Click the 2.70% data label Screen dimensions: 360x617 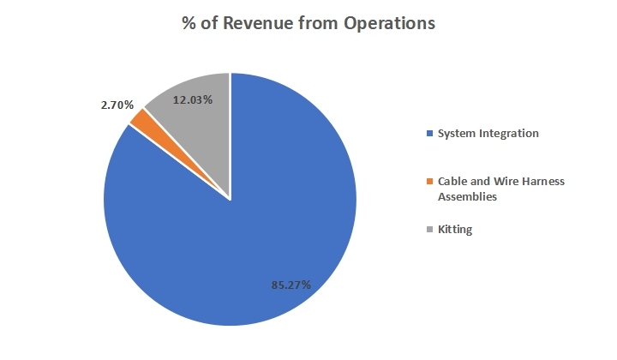[x=117, y=105]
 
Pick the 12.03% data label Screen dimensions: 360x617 [x=193, y=99]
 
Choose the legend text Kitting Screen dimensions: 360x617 [x=455, y=230]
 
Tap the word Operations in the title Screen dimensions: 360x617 [x=389, y=24]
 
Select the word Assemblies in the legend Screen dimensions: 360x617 [x=468, y=196]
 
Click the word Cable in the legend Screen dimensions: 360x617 [x=452, y=182]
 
